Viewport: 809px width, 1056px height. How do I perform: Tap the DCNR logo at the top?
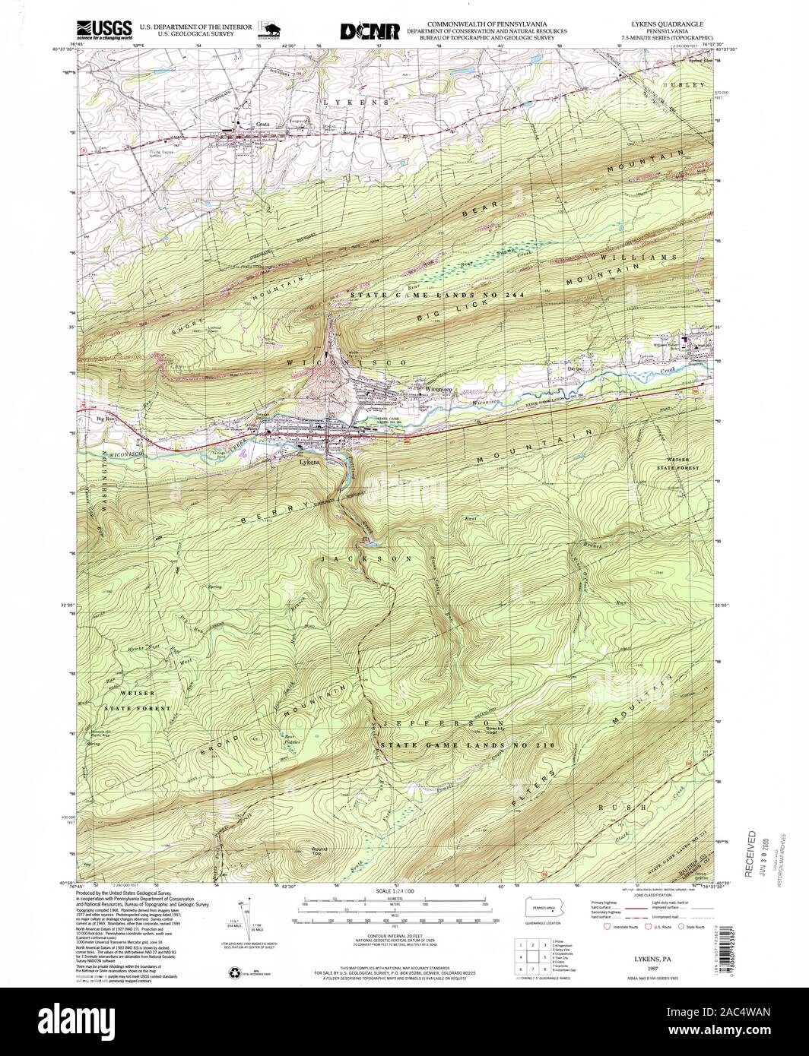click(370, 30)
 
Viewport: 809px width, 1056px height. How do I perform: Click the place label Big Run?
click(106, 417)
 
